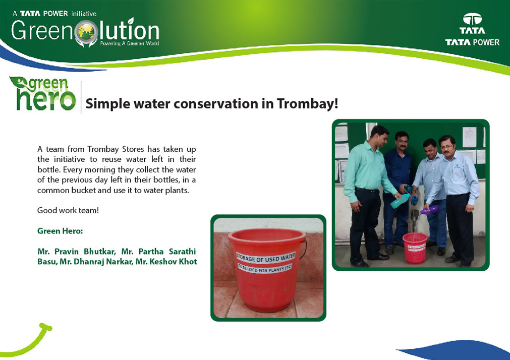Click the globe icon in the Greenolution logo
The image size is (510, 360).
pyautogui.click(x=86, y=32)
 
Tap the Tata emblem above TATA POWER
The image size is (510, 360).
pyautogui.click(x=472, y=19)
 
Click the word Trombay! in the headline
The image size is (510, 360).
pyautogui.click(x=307, y=104)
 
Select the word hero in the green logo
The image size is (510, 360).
pyautogui.click(x=46, y=99)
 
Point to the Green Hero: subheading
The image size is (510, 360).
pyautogui.click(x=60, y=231)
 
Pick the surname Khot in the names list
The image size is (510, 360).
pyautogui.click(x=188, y=262)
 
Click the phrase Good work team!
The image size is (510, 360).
pyautogui.click(x=68, y=210)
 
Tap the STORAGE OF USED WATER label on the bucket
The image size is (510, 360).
pyautogui.click(x=266, y=257)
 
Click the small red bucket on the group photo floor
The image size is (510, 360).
pyautogui.click(x=415, y=248)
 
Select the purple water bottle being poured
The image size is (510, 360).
pyautogui.click(x=430, y=210)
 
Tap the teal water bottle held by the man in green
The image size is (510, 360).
pyautogui.click(x=400, y=201)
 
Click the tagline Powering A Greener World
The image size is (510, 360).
pyautogui.click(x=130, y=43)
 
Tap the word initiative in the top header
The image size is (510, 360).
pyautogui.click(x=84, y=14)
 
